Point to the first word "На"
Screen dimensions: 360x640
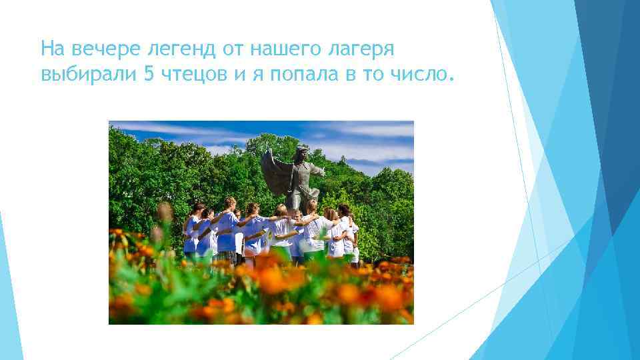tap(51, 49)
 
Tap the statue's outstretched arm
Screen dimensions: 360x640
tap(316, 170)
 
